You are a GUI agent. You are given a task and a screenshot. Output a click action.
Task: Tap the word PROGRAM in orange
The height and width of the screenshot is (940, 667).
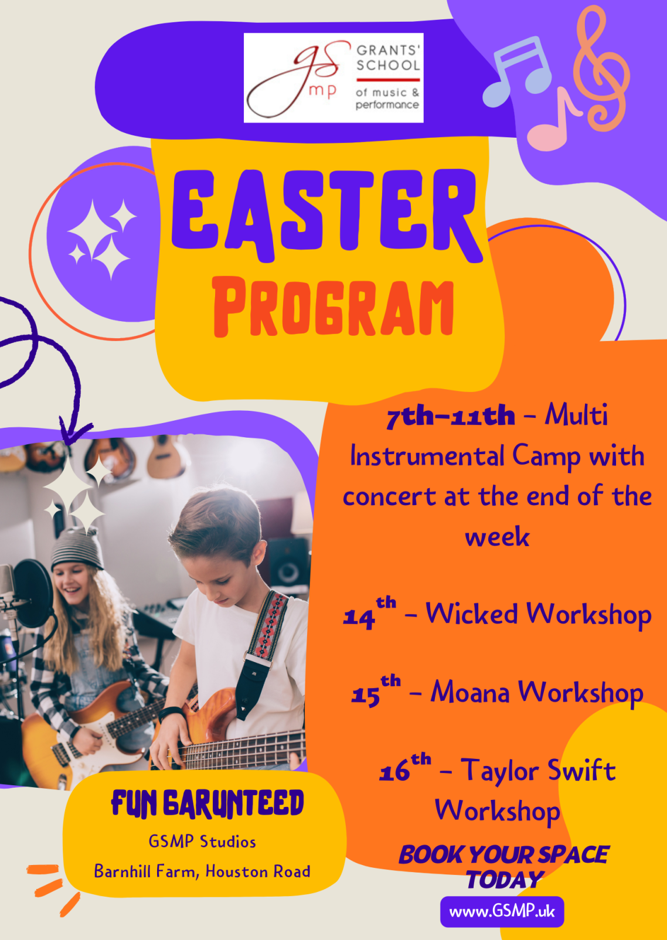pyautogui.click(x=333, y=307)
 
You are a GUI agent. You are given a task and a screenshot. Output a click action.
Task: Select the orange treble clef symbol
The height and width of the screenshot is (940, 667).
pyautogui.click(x=601, y=69)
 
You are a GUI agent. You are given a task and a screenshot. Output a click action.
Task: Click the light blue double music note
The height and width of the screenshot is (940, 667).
pyautogui.click(x=517, y=71)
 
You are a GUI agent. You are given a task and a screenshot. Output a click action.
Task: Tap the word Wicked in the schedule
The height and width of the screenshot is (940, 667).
pyautogui.click(x=472, y=614)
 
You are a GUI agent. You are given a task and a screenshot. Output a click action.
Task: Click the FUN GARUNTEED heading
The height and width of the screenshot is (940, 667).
pyautogui.click(x=207, y=805)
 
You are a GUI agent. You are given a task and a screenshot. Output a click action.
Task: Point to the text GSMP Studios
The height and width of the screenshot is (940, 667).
pyautogui.click(x=202, y=842)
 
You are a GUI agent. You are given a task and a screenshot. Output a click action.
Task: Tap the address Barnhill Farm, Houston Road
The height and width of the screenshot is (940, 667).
pyautogui.click(x=202, y=871)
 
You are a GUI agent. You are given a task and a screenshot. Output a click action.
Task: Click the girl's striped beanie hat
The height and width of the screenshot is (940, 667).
pyautogui.click(x=77, y=548)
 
